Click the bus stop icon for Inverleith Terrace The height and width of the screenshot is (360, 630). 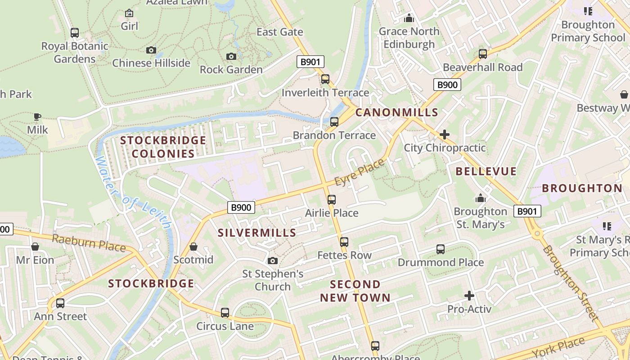click(325, 79)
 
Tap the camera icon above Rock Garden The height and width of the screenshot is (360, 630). click(231, 56)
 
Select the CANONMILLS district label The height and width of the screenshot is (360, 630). click(396, 112)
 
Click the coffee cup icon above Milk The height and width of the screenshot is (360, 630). click(37, 117)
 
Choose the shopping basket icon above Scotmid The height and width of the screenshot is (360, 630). click(193, 247)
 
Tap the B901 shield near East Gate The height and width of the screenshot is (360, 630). click(310, 62)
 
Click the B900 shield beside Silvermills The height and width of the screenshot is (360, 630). click(241, 207)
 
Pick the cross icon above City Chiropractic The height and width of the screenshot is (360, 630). click(445, 135)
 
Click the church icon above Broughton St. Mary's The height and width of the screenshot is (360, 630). click(481, 198)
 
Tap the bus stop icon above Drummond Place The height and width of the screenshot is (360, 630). click(441, 249)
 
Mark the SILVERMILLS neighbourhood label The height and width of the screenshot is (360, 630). click(257, 233)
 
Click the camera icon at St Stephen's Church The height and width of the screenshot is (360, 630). click(272, 261)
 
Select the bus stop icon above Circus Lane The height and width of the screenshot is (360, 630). click(225, 313)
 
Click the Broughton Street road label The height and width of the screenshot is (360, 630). click(571, 283)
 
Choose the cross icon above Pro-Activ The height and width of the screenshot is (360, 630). click(469, 296)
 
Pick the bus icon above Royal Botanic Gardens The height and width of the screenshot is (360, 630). click(75, 33)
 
